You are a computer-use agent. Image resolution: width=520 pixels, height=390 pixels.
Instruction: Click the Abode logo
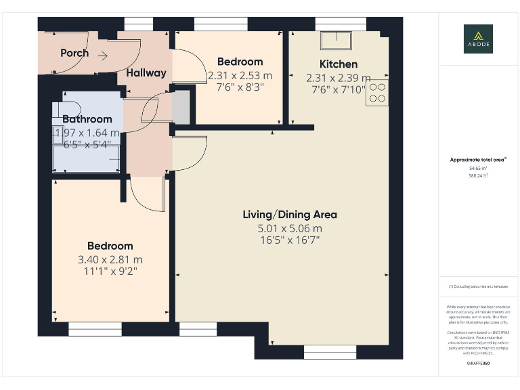click(478, 39)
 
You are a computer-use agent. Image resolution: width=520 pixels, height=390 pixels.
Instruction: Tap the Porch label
click(74, 53)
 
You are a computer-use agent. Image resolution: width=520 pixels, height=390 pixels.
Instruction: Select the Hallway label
click(146, 72)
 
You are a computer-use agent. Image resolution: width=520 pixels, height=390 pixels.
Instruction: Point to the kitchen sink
click(337, 41)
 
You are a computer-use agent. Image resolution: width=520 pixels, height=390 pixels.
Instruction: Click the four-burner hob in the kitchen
click(377, 93)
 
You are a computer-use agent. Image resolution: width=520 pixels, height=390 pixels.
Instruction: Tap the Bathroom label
click(87, 119)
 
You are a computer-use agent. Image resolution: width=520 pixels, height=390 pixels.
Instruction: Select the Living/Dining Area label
click(290, 215)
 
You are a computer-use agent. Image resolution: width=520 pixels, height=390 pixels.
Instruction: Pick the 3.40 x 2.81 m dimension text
click(110, 259)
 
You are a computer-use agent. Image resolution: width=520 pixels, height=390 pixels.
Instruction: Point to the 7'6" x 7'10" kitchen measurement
click(338, 89)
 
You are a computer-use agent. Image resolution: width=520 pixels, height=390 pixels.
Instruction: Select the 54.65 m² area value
click(478, 168)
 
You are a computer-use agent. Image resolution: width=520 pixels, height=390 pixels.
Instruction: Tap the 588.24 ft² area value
click(478, 175)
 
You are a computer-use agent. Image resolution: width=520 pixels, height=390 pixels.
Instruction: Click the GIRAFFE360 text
click(478, 364)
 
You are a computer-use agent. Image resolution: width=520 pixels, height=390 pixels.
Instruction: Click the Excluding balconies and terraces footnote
click(478, 286)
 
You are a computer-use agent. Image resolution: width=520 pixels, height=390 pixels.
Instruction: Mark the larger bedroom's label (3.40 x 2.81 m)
click(110, 246)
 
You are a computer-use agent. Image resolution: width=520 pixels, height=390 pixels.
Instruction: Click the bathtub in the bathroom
click(87, 157)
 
